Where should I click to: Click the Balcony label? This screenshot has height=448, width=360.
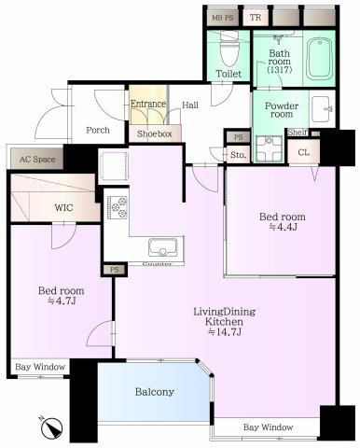click(158, 392)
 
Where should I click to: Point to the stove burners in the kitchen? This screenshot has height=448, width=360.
click(119, 208)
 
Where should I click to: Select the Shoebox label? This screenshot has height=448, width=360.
click(154, 134)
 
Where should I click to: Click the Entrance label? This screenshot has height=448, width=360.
click(149, 105)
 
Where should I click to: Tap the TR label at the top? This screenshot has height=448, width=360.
click(255, 18)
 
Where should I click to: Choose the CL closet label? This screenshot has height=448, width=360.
click(303, 152)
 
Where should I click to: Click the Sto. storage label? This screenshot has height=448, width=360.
click(238, 154)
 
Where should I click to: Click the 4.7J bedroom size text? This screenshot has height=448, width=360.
click(60, 301)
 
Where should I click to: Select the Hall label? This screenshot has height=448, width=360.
click(190, 105)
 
